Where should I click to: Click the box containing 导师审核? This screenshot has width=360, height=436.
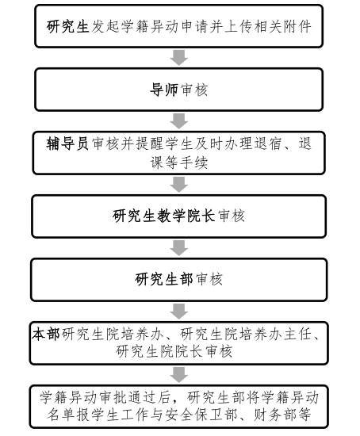coord(178,90)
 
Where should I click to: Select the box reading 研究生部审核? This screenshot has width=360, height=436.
coord(178,280)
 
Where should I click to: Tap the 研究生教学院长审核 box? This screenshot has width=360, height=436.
coord(178,216)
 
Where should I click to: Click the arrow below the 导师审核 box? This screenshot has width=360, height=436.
coord(178,121)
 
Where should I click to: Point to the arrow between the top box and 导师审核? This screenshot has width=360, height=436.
coord(178,58)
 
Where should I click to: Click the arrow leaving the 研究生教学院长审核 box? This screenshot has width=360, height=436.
coord(178,248)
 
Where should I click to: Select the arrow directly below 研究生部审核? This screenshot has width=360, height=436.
coord(178,312)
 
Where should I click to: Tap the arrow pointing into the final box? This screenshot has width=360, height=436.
coord(178,374)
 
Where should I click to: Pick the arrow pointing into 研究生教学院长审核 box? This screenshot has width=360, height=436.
coord(178,185)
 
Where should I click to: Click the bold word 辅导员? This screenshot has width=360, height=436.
coord(67,144)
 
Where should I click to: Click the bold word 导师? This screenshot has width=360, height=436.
coord(164,90)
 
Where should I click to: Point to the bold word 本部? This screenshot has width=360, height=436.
coord(46,335)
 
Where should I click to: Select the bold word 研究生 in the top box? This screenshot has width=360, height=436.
coord(67,27)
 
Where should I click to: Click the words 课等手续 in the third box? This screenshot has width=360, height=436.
coord(179,162)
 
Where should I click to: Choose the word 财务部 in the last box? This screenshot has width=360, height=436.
coord(275,415)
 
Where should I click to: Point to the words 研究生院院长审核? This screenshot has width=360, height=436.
coord(174,351)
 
